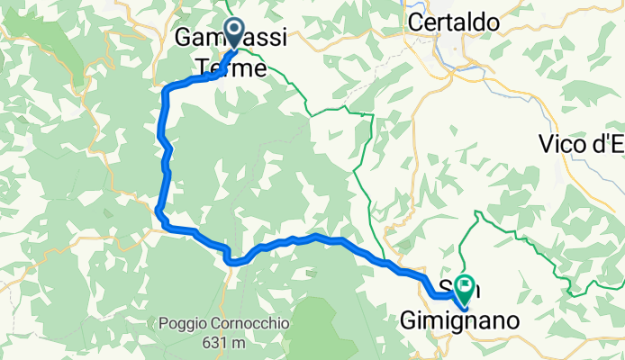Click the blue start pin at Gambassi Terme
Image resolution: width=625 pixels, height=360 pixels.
pyautogui.click(x=234, y=33)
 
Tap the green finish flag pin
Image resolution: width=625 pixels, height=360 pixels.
pyautogui.click(x=466, y=289)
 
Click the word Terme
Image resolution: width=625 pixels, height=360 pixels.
pyautogui.click(x=231, y=68)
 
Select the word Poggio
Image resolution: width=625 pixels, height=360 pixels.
pyautogui.click(x=185, y=323)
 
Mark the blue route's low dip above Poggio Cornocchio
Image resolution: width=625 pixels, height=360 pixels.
pyautogui.click(x=233, y=262)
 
